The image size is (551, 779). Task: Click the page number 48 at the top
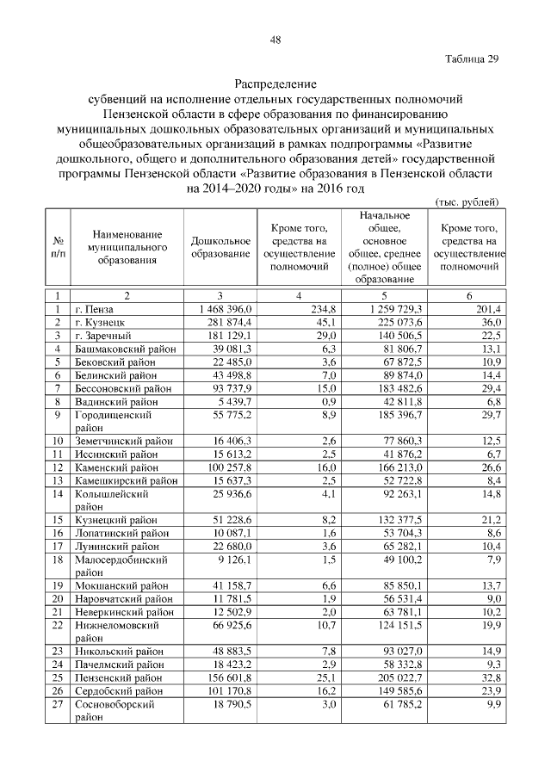pyautogui.click(x=275, y=40)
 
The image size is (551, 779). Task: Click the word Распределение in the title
pyautogui.click(x=275, y=85)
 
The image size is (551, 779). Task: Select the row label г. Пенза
pyautogui.click(x=94, y=308)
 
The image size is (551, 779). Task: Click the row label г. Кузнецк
pyautogui.click(x=99, y=322)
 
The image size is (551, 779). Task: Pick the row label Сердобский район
pyautogui.click(x=118, y=690)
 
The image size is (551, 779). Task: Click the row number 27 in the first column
pyautogui.click(x=59, y=704)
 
